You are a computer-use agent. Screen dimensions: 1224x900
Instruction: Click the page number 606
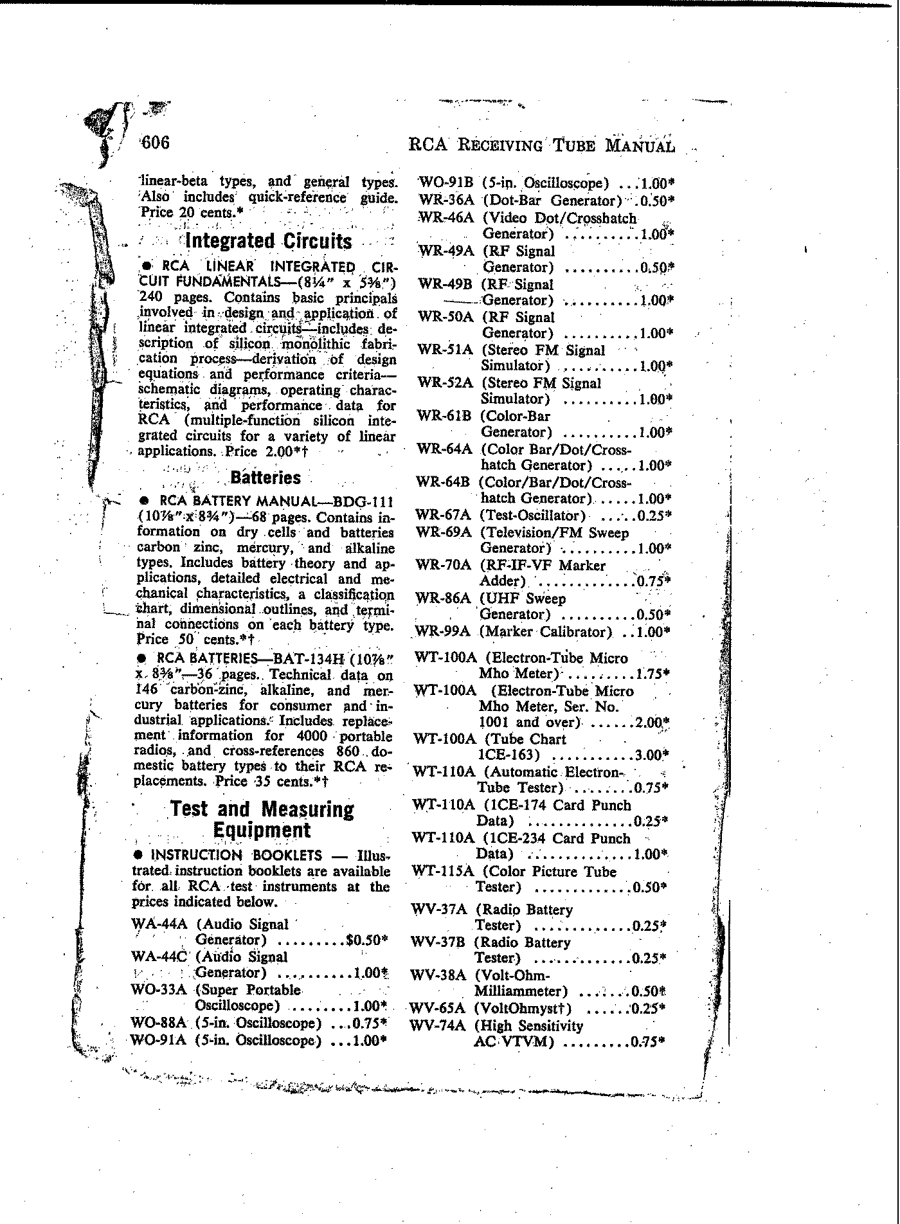pyautogui.click(x=156, y=142)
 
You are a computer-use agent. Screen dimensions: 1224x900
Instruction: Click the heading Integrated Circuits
pyautogui.click(x=268, y=242)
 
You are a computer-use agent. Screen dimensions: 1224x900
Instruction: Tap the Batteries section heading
pyautogui.click(x=265, y=478)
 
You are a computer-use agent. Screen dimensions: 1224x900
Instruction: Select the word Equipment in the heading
pyautogui.click(x=262, y=830)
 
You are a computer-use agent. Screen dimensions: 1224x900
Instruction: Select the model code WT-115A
pyautogui.click(x=443, y=872)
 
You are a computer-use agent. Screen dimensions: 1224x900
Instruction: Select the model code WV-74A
pyautogui.click(x=438, y=1026)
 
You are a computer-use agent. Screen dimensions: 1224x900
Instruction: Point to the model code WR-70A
pyautogui.click(x=444, y=566)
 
